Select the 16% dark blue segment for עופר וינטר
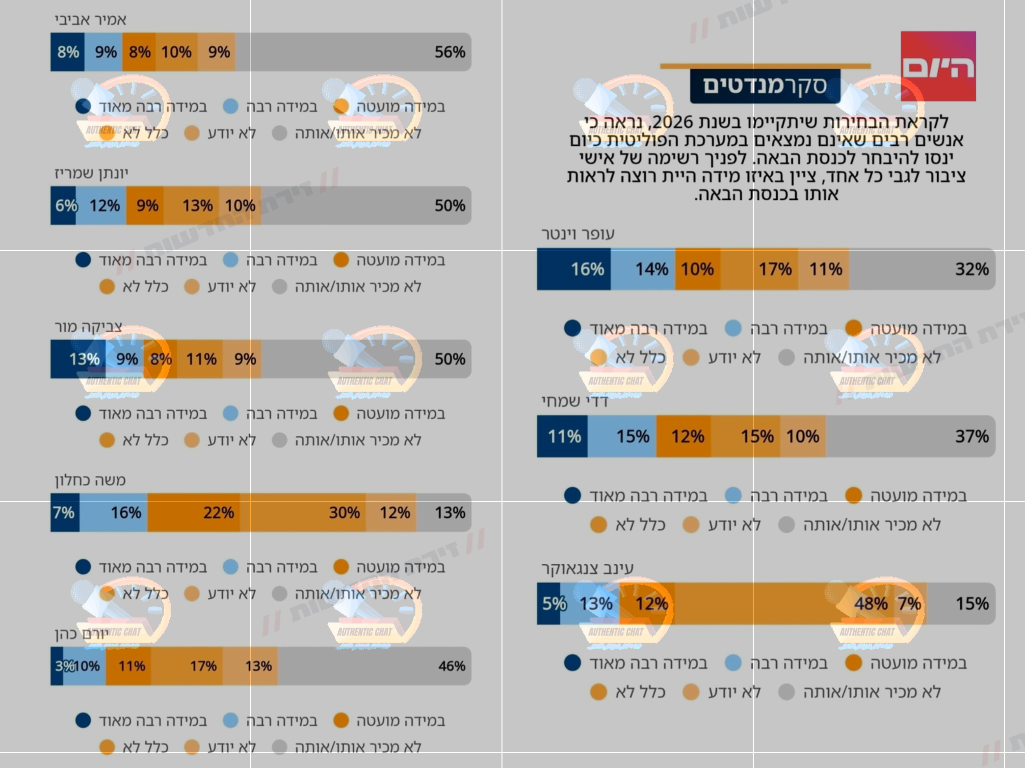pos(574,269)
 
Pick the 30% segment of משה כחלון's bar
pos(303,512)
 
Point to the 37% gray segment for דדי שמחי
pos(910,436)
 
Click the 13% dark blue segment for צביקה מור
pos(78,359)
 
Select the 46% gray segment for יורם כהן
pos(374,666)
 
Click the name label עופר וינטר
pos(578,234)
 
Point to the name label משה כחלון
pos(90,480)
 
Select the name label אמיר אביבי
pos(91,20)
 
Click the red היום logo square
pos(938,66)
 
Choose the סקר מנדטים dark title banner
pos(765,86)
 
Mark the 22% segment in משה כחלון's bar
pos(194,512)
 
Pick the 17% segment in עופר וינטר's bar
pos(759,269)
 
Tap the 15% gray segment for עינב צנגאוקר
pos(960,603)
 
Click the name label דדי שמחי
pos(575,401)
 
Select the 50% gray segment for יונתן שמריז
pos(366,205)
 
